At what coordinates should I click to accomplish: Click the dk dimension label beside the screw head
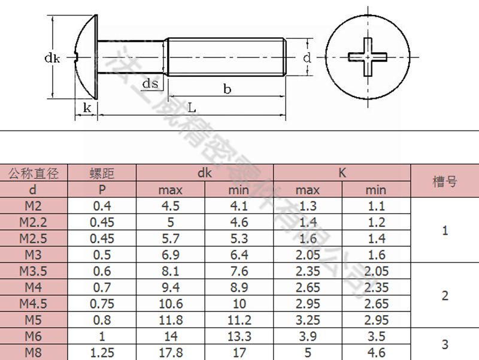click(x=51, y=59)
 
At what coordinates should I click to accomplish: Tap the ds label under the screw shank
click(x=151, y=83)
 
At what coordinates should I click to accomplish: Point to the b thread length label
click(x=227, y=89)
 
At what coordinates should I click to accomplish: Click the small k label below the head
click(x=87, y=108)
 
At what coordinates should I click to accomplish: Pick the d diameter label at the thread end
click(x=307, y=58)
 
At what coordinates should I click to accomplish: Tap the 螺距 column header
click(x=102, y=174)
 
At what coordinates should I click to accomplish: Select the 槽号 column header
click(x=444, y=181)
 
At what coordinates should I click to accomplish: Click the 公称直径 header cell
click(x=34, y=174)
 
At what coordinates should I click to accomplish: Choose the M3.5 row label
click(x=34, y=271)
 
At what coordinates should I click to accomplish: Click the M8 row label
click(x=34, y=352)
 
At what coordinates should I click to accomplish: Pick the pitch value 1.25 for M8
click(x=102, y=352)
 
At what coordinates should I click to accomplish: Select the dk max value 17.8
click(x=171, y=352)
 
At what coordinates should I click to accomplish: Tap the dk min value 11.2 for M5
click(x=239, y=320)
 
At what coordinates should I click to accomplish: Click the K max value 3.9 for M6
click(x=308, y=336)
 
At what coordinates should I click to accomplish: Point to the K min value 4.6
click(x=376, y=352)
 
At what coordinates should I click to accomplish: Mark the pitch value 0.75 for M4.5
click(x=102, y=304)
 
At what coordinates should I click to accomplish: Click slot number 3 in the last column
click(x=444, y=344)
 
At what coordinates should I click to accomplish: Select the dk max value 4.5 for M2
click(x=171, y=206)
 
